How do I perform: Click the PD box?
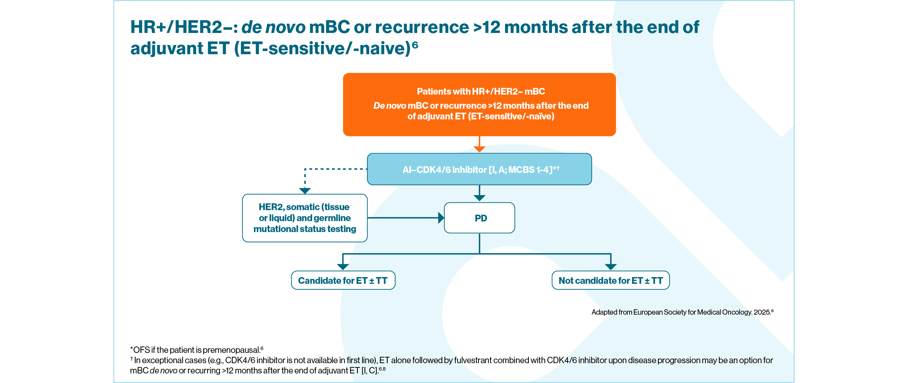[480, 218]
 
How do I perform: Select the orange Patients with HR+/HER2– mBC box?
[479, 105]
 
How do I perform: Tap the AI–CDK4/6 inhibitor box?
[479, 169]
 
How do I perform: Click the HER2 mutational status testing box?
[305, 218]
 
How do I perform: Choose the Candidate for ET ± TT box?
[343, 280]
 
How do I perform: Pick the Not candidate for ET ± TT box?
[610, 280]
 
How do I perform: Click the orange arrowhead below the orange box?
[480, 149]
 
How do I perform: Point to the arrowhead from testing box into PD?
[441, 218]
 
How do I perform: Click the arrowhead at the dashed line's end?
[305, 191]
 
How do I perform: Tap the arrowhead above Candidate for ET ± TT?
[343, 266]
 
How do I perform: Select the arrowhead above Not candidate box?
[611, 266]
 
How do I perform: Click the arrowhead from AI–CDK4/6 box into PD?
[480, 198]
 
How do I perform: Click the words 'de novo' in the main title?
[273, 27]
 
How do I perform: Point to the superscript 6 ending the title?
[415, 45]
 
